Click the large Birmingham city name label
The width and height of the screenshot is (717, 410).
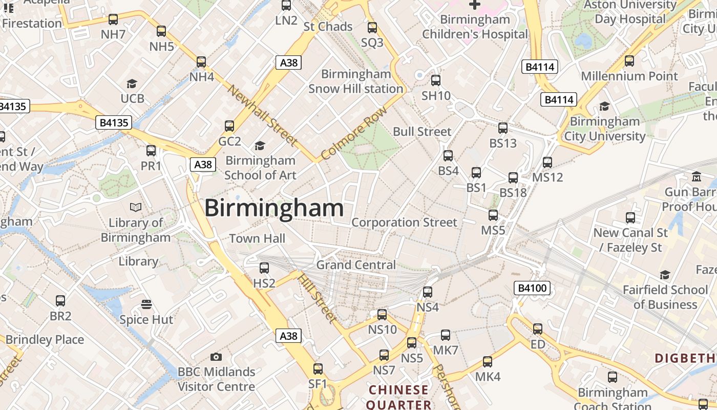coord(274,208)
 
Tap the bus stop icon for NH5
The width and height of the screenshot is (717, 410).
coord(161,31)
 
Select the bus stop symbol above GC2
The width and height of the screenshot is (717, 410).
coord(229,126)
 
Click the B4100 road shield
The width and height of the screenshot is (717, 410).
coord(532,288)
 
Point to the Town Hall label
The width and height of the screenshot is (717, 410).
coord(257,238)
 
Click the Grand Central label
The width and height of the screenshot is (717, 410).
coord(356,265)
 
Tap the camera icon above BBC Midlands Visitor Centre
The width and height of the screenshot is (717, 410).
coord(216,357)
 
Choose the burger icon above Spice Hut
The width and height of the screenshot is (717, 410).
coord(146,304)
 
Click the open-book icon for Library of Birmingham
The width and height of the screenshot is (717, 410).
coord(136,207)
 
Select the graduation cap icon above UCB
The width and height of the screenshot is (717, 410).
coord(132,84)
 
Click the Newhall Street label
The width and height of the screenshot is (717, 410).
coord(262,115)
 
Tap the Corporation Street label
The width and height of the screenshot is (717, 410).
coord(404,222)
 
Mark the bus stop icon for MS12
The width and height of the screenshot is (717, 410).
coord(547,162)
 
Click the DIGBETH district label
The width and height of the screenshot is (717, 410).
coord(685,358)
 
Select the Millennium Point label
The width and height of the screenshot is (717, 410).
coord(629,76)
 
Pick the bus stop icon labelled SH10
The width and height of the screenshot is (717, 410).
coord(436,80)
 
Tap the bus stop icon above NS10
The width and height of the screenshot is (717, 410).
coord(382,314)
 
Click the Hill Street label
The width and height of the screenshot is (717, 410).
coord(318,298)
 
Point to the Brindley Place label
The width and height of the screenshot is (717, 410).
coord(45,339)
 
